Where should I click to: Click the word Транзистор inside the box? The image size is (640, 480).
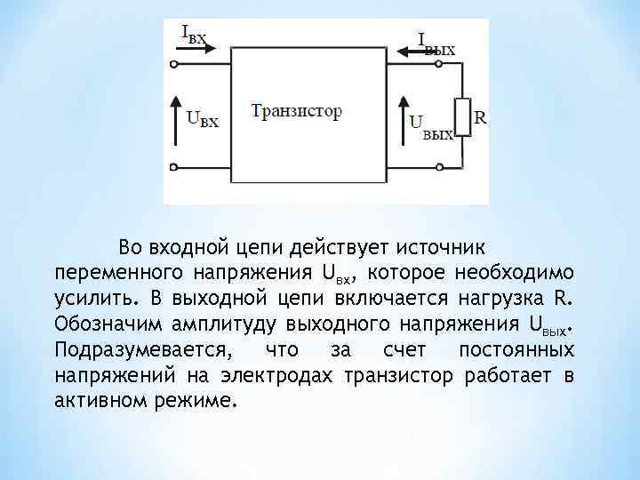coord(296,112)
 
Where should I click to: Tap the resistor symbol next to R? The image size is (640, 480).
coord(460,118)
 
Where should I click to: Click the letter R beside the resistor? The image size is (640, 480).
coord(480,116)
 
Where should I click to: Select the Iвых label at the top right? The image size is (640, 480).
coord(436,42)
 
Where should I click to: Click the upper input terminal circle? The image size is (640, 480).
coord(174,64)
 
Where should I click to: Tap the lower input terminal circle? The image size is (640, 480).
coord(174,167)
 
